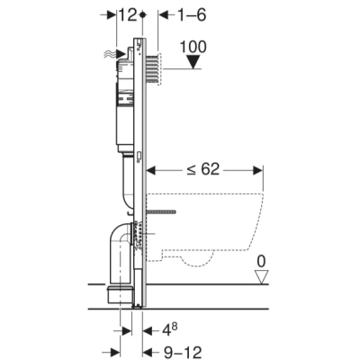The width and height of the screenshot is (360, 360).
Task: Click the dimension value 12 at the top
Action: (128, 15)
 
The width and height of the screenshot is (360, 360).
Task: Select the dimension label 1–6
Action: (193, 15)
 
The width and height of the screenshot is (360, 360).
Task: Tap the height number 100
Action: (193, 47)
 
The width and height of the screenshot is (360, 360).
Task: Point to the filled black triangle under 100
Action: (193, 62)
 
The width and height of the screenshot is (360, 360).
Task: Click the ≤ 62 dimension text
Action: (203, 170)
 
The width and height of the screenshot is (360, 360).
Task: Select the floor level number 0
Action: (261, 262)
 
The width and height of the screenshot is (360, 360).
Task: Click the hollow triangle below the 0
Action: (261, 277)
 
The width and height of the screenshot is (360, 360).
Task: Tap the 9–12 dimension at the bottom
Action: (183, 352)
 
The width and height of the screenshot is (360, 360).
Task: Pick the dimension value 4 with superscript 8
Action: (170, 330)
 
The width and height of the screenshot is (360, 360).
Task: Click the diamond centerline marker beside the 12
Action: (142, 14)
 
